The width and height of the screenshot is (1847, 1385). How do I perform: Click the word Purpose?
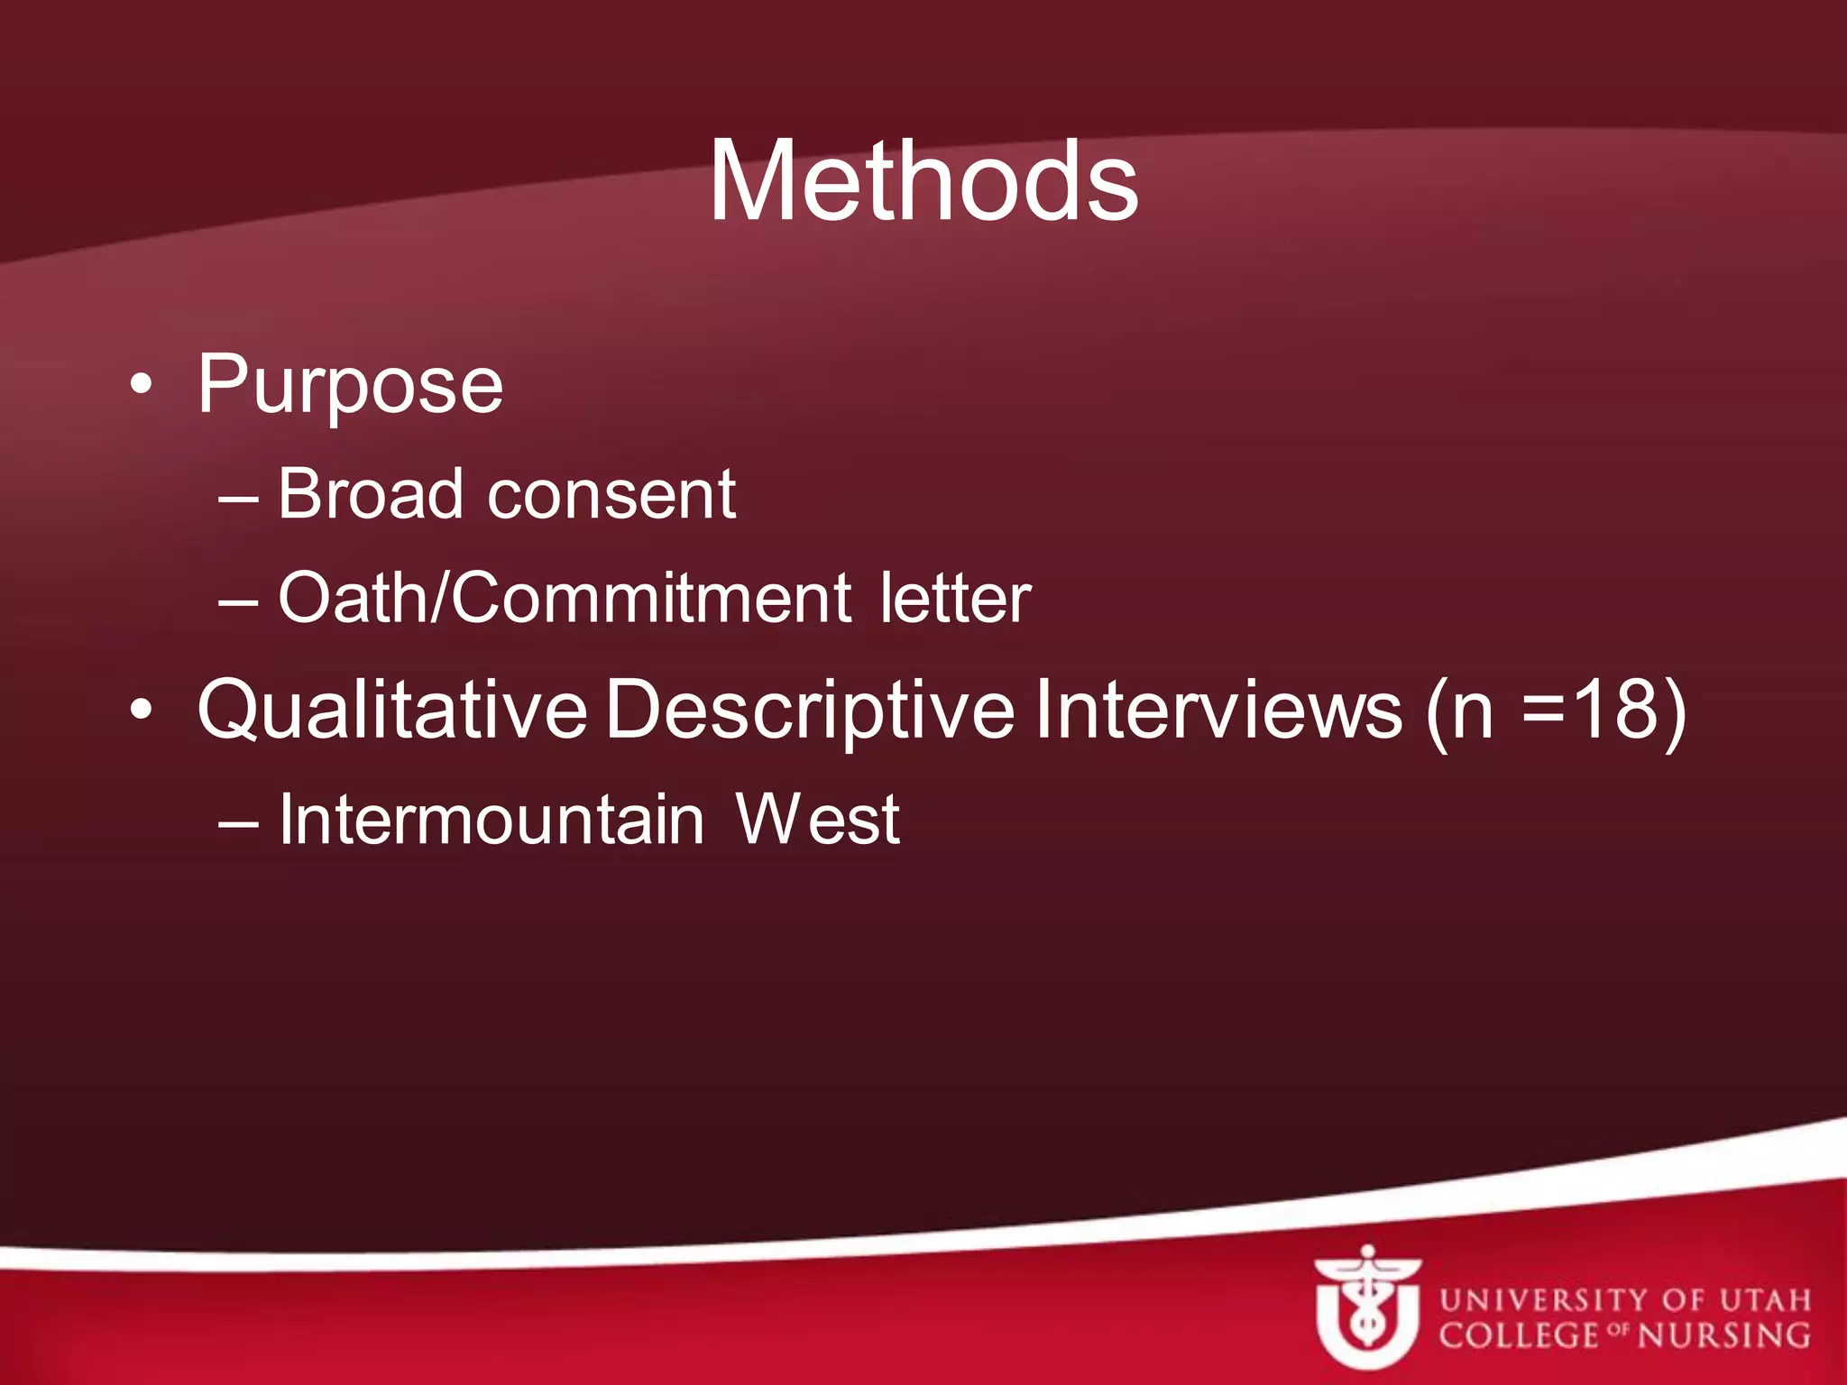click(350, 386)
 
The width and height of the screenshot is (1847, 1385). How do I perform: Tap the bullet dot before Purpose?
click(141, 385)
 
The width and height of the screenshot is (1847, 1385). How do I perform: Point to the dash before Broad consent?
click(239, 497)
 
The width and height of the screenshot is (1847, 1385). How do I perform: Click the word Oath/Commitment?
click(565, 598)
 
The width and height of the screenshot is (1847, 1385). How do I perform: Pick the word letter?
click(955, 598)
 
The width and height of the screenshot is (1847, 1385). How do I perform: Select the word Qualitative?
click(392, 711)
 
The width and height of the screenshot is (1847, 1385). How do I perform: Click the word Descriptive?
click(810, 711)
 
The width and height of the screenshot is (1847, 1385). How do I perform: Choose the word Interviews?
click(1218, 711)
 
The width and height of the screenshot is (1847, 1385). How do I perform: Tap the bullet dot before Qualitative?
click(141, 710)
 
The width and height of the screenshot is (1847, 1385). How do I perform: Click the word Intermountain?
click(492, 820)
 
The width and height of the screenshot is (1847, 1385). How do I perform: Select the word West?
click(817, 820)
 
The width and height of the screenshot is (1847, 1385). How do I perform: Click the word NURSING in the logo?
click(1723, 1335)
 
